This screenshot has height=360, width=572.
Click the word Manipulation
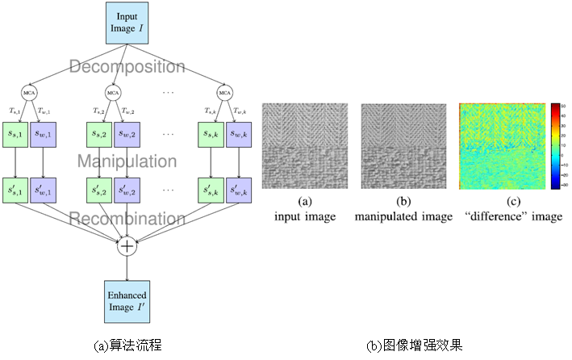click(127, 161)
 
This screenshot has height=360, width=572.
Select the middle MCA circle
click(114, 92)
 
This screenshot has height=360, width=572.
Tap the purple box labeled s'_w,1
click(47, 191)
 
